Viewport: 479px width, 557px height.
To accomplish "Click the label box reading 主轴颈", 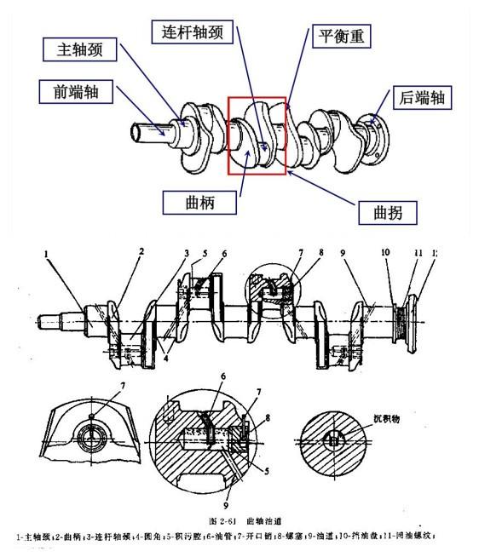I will click(78, 50).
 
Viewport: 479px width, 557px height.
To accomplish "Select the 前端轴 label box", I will click(73, 90).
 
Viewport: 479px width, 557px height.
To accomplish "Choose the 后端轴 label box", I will click(422, 99).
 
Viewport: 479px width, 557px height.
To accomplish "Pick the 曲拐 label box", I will click(384, 210).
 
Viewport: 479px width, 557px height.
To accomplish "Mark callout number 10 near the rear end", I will click(385, 254).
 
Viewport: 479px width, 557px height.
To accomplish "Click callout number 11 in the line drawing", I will click(418, 254).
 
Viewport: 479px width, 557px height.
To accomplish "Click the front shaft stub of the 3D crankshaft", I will click(149, 132).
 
